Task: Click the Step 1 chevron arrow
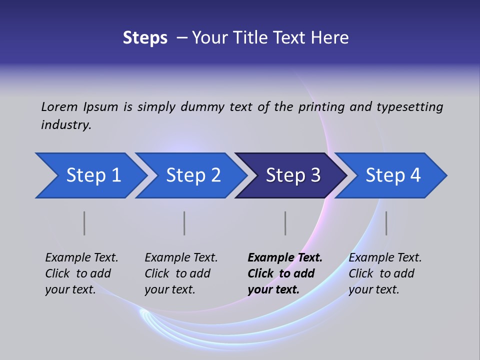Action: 92,175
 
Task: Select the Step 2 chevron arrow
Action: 192,175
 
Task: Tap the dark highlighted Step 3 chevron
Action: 292,175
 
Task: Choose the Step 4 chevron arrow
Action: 392,175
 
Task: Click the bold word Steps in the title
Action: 145,38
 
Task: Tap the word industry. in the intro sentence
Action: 66,124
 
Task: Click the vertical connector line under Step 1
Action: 84,223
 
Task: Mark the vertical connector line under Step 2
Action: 184,223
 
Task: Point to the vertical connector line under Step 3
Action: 285,223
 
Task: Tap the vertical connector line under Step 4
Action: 386,223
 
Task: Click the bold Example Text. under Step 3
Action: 285,257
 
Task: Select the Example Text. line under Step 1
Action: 81,257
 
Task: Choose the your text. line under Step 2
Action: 169,289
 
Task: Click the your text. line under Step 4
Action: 373,289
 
